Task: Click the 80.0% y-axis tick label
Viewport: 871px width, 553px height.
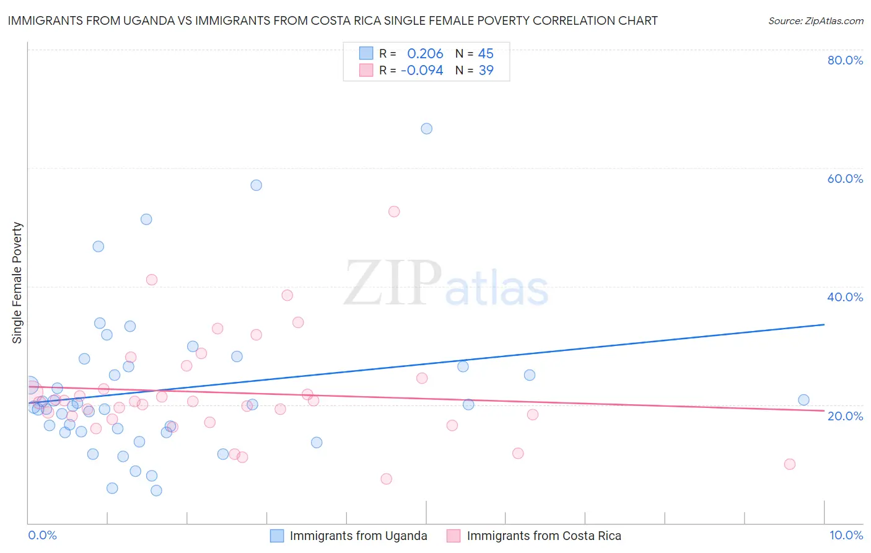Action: point(845,60)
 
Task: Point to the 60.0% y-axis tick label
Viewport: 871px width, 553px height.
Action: point(845,179)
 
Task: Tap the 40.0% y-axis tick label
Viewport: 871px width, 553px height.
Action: point(845,297)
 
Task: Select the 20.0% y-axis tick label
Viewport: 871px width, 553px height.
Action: point(845,416)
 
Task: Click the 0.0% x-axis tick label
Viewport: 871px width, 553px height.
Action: point(42,535)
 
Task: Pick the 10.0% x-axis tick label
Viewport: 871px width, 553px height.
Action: point(846,535)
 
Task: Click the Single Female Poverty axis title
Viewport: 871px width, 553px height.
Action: point(17,283)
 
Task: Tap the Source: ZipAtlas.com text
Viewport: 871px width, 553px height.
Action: point(815,20)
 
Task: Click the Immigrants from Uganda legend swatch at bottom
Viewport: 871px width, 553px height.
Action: point(277,536)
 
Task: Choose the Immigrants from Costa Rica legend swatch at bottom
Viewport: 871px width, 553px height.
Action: point(454,536)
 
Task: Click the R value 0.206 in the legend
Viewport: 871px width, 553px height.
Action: point(425,54)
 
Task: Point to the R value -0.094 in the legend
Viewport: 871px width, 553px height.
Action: point(422,71)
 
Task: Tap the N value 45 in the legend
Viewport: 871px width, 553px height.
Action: point(486,54)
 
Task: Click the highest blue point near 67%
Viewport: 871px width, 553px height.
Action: point(427,129)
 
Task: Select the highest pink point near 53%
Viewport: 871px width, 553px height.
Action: point(394,211)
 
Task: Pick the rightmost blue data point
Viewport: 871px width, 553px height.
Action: point(803,400)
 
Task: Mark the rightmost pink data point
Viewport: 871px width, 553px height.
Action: point(789,464)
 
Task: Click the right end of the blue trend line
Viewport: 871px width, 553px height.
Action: point(824,324)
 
